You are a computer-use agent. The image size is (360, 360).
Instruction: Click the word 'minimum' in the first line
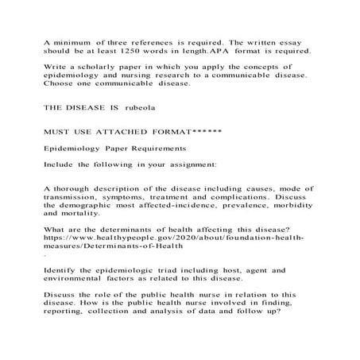click(x=76, y=41)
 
